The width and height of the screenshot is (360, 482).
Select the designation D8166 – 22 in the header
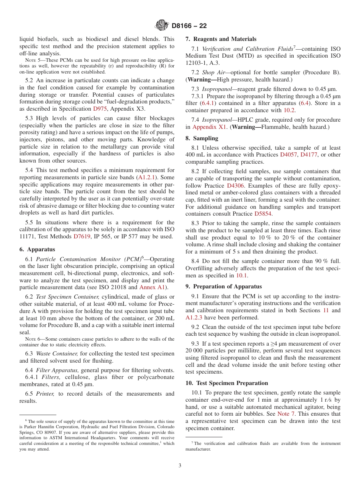[x=189, y=26]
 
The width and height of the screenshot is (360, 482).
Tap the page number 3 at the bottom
[x=180, y=466]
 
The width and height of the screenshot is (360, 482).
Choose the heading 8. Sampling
[x=202, y=138]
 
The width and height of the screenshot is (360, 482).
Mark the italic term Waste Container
[x=57, y=354]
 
